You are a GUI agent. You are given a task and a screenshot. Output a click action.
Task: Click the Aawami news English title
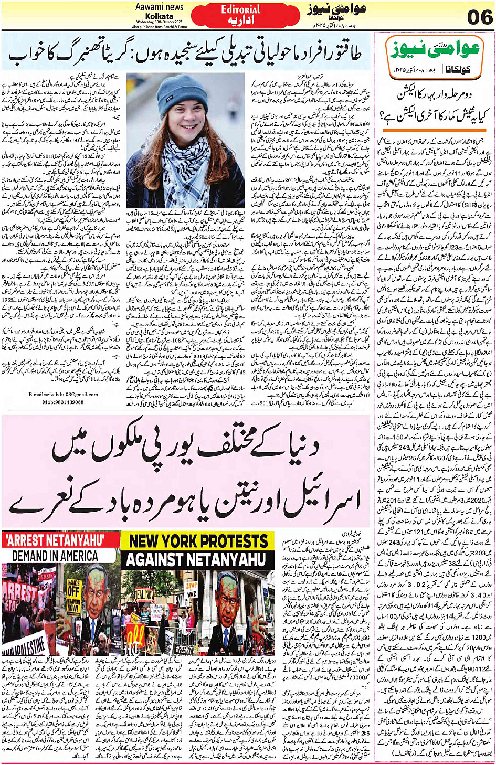(x=159, y=7)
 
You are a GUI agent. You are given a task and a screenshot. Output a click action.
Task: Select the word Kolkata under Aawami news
(x=159, y=16)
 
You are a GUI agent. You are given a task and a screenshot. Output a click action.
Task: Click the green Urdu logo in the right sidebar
(x=433, y=51)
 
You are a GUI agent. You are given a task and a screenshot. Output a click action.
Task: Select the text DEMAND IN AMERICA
(x=55, y=556)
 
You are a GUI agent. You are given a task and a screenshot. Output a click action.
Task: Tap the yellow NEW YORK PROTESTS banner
(x=198, y=541)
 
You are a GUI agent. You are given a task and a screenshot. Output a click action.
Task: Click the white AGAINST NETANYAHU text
(x=198, y=559)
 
